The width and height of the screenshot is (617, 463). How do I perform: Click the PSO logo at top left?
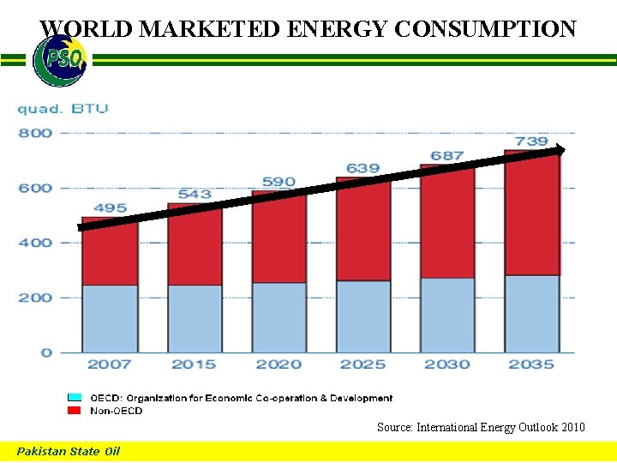pyautogui.click(x=59, y=61)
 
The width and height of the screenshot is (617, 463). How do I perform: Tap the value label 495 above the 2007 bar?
pyautogui.click(x=110, y=207)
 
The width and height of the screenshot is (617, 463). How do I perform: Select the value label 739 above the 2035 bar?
pyautogui.click(x=531, y=141)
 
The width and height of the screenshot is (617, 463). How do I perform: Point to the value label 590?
pyautogui.click(x=279, y=182)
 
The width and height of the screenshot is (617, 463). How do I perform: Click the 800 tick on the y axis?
pyautogui.click(x=35, y=133)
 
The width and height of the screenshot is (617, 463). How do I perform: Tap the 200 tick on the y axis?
pyautogui.click(x=35, y=298)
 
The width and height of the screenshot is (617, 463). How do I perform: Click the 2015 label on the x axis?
pyautogui.click(x=194, y=364)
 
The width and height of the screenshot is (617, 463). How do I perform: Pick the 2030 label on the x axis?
pyautogui.click(x=447, y=364)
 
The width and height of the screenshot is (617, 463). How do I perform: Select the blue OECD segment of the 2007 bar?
pyautogui.click(x=110, y=318)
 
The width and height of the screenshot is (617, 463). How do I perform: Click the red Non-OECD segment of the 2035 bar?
pyautogui.click(x=531, y=214)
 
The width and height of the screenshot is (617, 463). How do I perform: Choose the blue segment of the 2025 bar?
pyautogui.click(x=362, y=316)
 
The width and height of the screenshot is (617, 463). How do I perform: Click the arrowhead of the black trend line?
pyautogui.click(x=558, y=150)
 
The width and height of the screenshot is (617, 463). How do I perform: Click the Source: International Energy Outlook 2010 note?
pyautogui.click(x=481, y=426)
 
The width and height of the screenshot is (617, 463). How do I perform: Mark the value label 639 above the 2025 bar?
pyautogui.click(x=362, y=168)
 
